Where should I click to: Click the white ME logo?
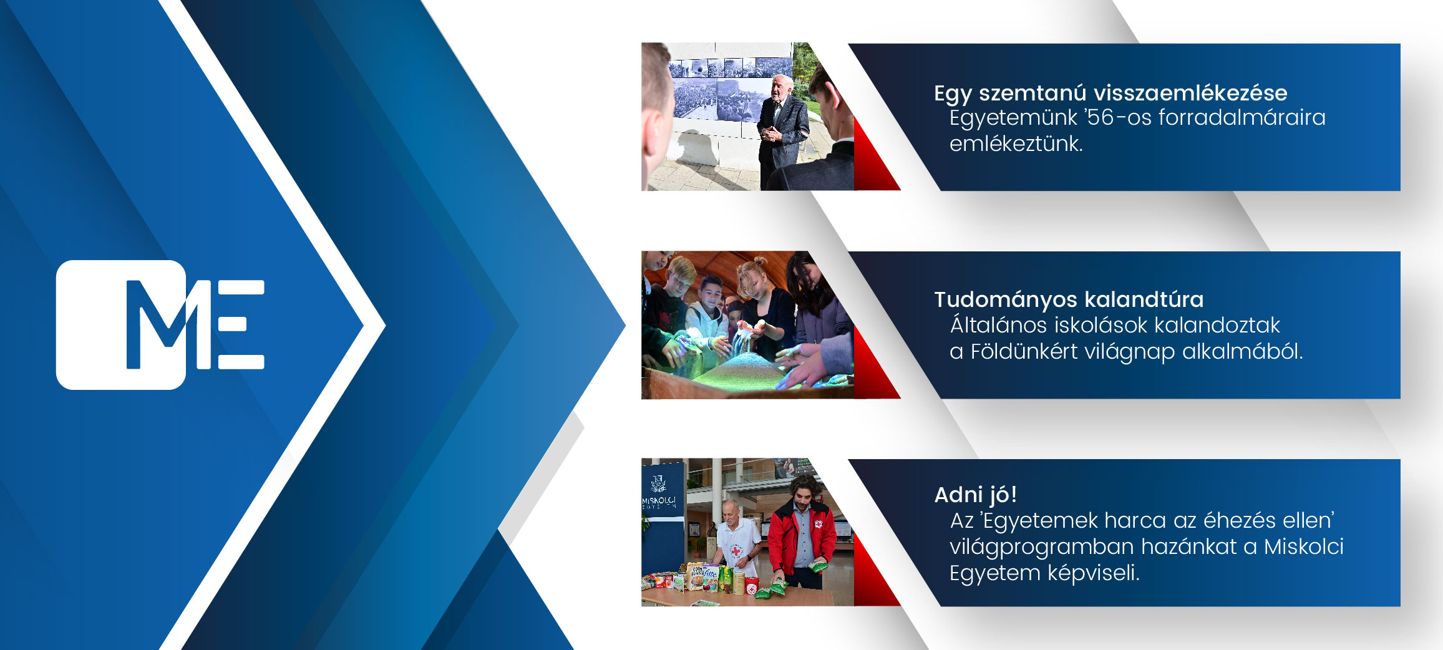(x=160, y=324)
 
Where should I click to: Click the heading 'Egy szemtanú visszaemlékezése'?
(x=1110, y=93)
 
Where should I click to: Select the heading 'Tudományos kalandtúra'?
(x=1069, y=299)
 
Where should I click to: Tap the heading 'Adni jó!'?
(x=976, y=495)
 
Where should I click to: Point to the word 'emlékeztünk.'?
(x=1016, y=143)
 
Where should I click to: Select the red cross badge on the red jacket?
(x=817, y=524)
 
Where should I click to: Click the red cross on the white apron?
(x=736, y=551)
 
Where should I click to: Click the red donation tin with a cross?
(x=752, y=586)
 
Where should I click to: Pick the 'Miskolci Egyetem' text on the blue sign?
(x=659, y=502)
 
